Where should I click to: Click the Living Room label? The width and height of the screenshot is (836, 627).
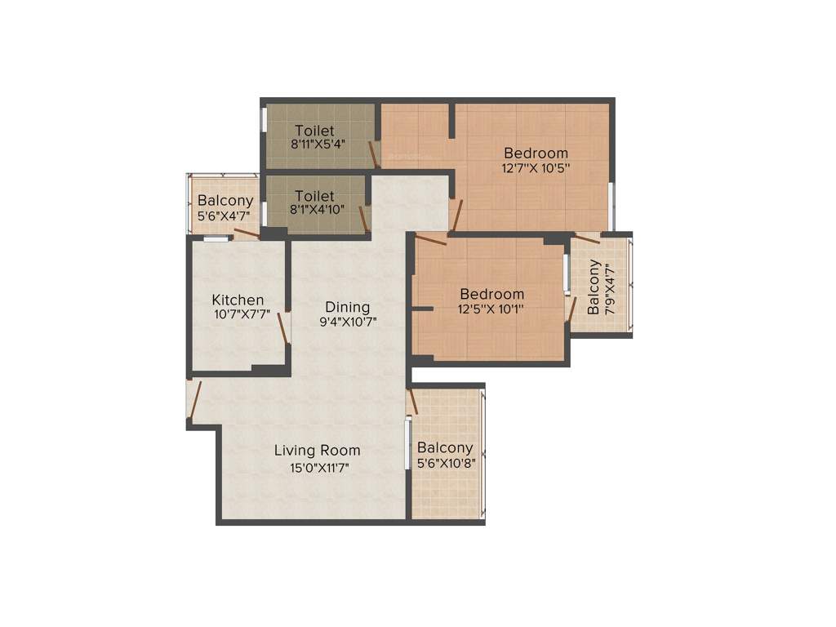click(x=317, y=451)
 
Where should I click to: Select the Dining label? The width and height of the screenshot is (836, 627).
click(x=348, y=307)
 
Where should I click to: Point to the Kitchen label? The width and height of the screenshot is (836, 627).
click(x=238, y=300)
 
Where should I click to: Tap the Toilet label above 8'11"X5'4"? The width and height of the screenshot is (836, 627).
click(x=314, y=131)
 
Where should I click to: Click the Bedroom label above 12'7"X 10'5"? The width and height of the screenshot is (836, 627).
click(x=536, y=153)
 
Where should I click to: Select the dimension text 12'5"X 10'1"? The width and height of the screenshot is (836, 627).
click(x=491, y=309)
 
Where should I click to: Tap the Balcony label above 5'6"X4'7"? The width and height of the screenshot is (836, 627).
click(x=225, y=201)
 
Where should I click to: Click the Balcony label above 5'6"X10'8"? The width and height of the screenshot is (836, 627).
click(x=445, y=447)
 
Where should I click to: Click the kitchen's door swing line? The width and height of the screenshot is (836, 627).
click(x=282, y=328)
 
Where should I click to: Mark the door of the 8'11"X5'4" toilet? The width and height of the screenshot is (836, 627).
click(x=373, y=154)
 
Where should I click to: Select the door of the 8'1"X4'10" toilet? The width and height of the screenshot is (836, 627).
click(x=363, y=220)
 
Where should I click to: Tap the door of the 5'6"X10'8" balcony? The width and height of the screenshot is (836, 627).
click(x=413, y=401)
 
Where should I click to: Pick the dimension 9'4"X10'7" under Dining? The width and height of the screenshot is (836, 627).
click(x=348, y=322)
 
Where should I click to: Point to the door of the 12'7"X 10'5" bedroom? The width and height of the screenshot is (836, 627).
click(x=458, y=216)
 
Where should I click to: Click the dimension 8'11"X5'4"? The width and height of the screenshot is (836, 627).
click(x=318, y=145)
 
